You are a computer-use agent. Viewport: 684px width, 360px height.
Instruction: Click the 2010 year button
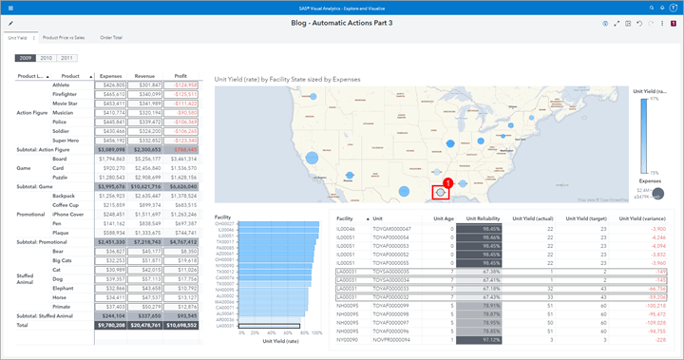(x=47, y=59)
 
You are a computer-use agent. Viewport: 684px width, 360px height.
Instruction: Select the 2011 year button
(x=67, y=59)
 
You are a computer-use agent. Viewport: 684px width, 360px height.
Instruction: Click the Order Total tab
(x=111, y=37)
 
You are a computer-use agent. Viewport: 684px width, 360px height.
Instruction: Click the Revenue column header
(x=144, y=75)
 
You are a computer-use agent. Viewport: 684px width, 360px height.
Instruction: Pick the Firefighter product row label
(x=66, y=94)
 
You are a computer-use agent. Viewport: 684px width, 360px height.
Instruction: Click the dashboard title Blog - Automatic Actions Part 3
(x=341, y=22)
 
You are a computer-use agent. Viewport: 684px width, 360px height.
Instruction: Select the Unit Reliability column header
(x=483, y=218)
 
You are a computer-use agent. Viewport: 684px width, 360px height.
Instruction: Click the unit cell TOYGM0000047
(x=392, y=229)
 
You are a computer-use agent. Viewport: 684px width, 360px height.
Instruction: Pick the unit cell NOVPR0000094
(x=392, y=339)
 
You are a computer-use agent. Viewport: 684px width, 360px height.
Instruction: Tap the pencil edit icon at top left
(x=9, y=22)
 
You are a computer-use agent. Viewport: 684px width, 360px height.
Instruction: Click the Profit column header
(x=180, y=75)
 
